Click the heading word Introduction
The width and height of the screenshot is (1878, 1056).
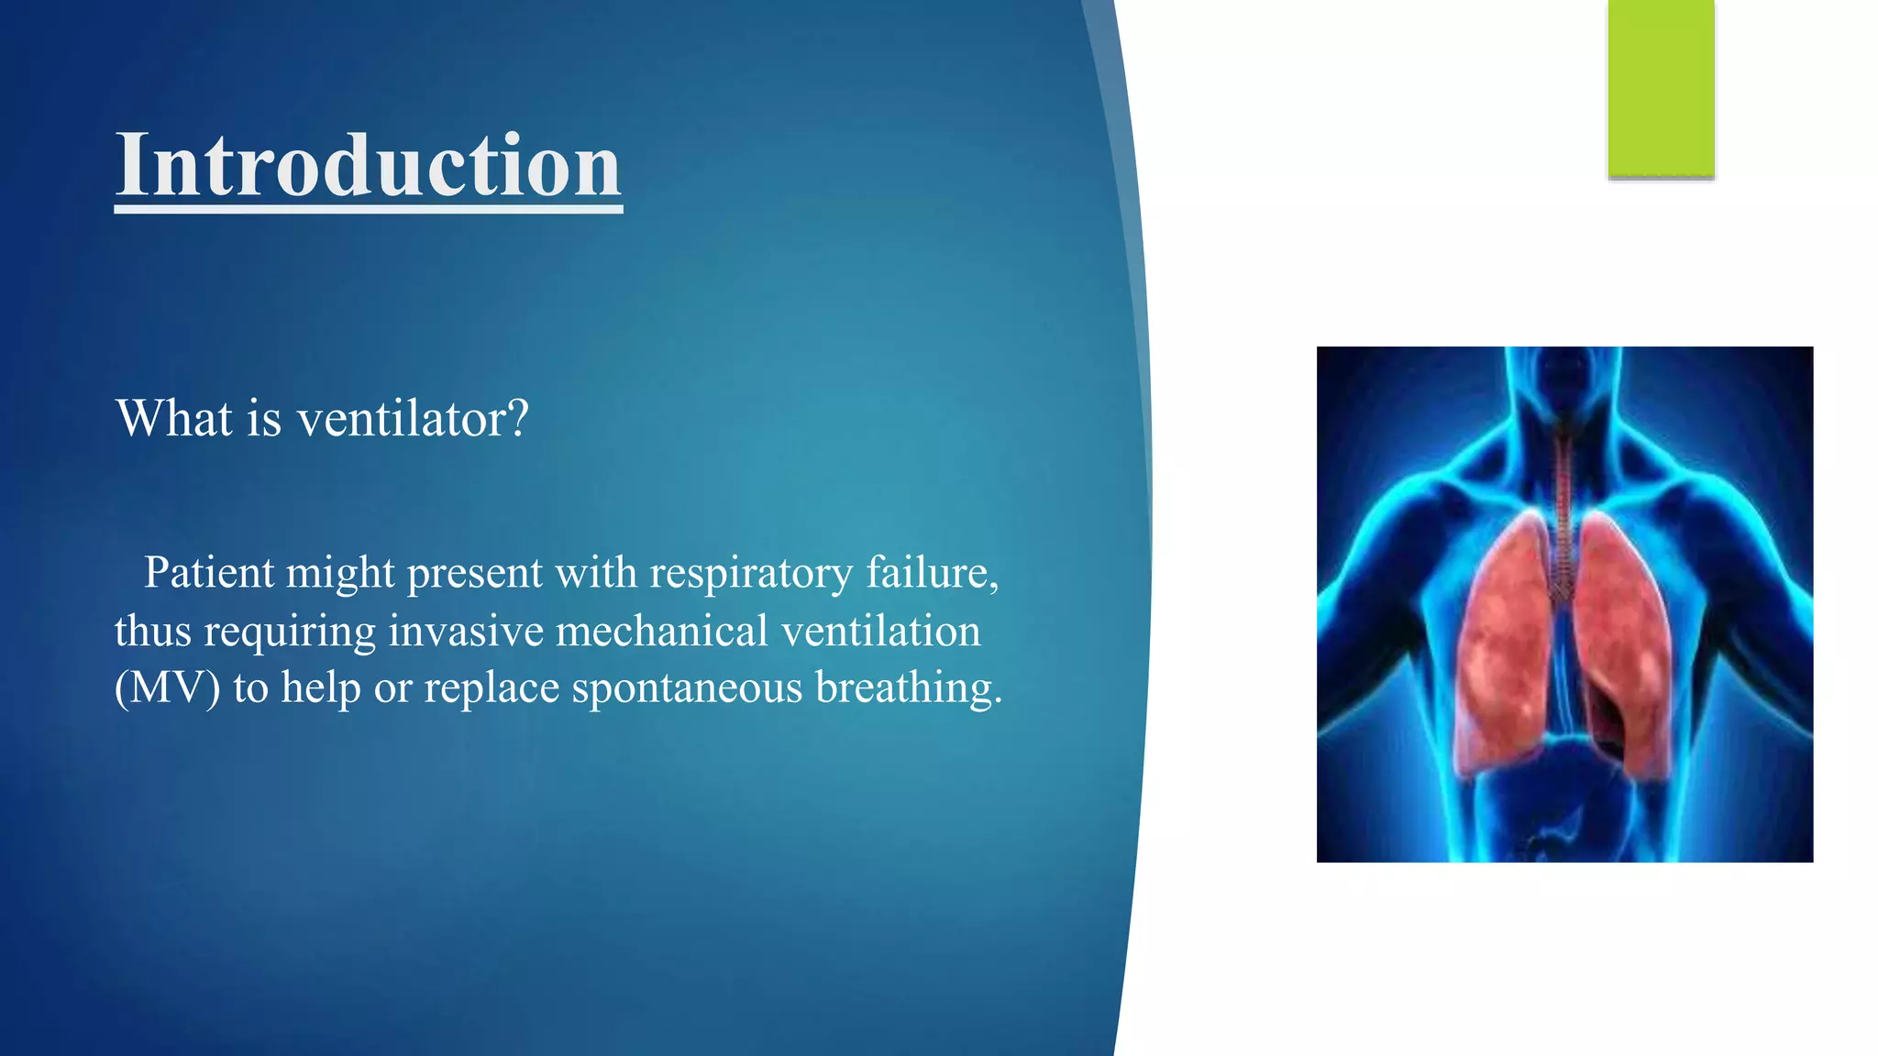[x=368, y=165]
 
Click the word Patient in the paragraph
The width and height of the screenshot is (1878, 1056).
[x=209, y=573]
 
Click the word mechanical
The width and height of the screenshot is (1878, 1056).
[x=661, y=632]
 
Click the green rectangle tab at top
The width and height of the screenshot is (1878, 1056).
[x=1661, y=89]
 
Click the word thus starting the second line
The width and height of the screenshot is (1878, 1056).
[x=152, y=632]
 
